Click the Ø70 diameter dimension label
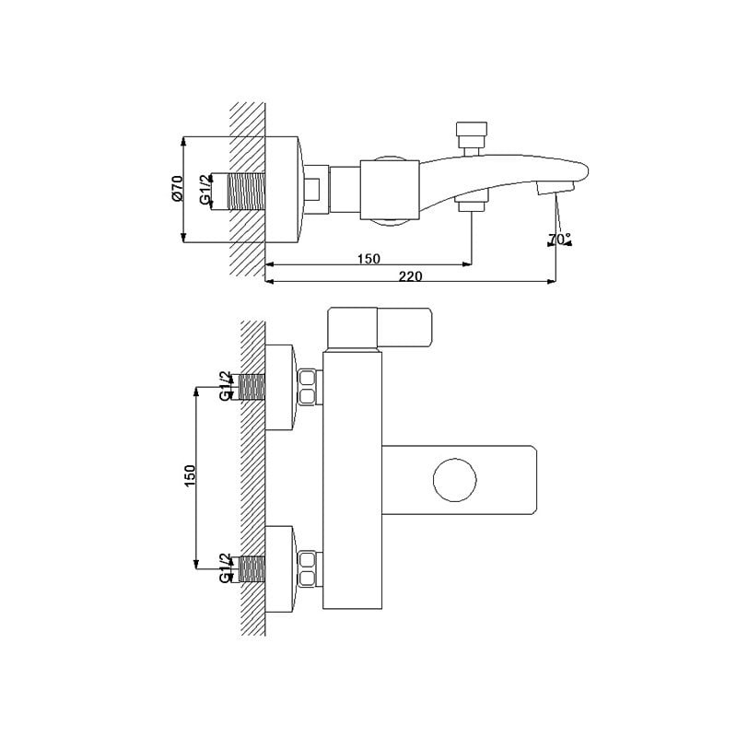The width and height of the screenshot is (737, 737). (x=177, y=190)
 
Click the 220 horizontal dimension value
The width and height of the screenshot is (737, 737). (x=410, y=275)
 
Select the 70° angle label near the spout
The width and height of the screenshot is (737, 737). (x=559, y=239)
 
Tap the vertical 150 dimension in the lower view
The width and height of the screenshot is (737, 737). (x=190, y=475)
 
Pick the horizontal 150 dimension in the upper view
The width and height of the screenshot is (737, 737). (x=368, y=259)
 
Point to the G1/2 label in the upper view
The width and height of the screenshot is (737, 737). (x=205, y=191)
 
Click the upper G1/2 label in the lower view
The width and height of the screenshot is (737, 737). (x=226, y=386)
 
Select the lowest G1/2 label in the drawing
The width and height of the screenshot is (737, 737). (x=226, y=568)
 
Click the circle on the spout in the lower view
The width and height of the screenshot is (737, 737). (x=454, y=480)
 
